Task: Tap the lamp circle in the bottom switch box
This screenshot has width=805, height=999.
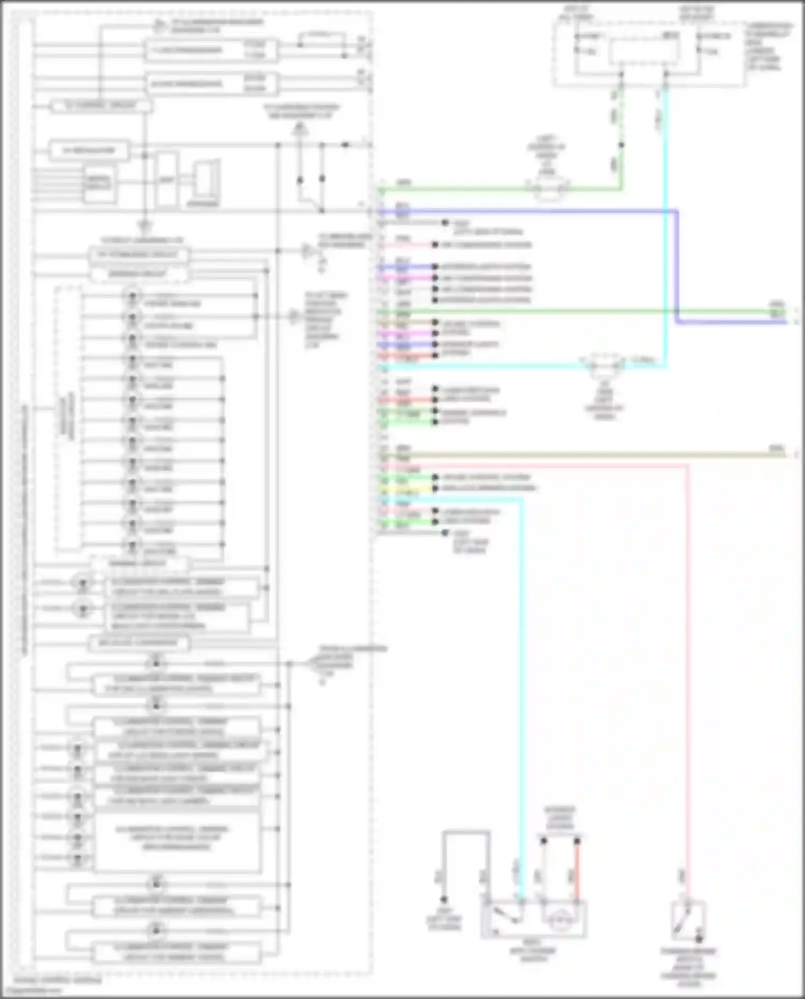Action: (x=562, y=919)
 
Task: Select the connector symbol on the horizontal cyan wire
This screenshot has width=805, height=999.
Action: (x=605, y=367)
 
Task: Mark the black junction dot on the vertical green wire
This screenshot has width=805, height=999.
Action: (x=621, y=145)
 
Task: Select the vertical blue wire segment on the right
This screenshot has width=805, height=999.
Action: (x=677, y=266)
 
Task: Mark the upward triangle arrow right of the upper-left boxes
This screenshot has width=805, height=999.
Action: (x=300, y=129)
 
